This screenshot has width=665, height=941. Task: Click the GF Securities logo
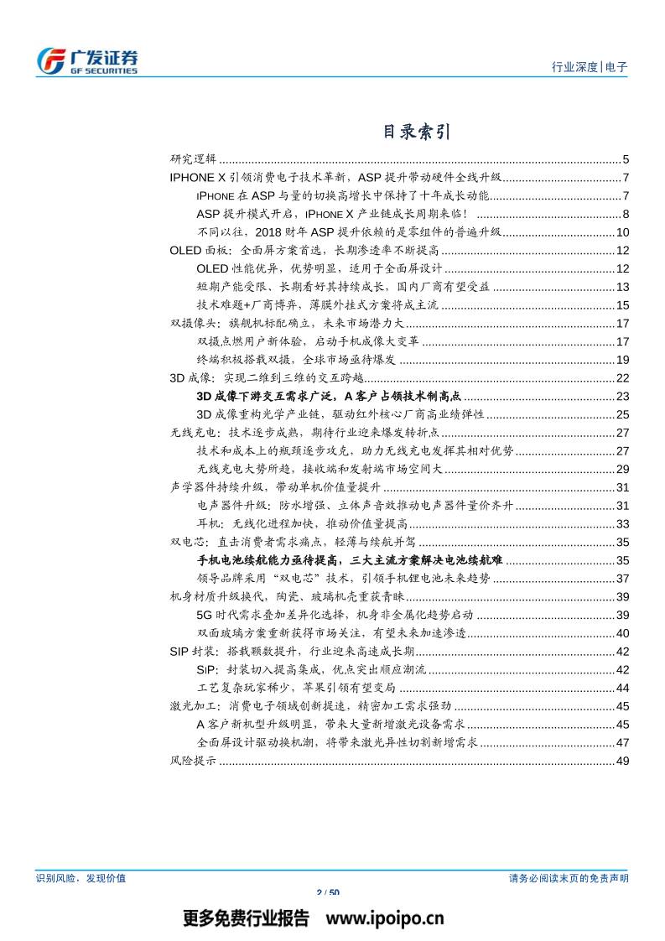tap(87, 60)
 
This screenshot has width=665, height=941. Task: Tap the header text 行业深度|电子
tap(590, 68)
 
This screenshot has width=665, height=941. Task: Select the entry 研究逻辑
tap(193, 159)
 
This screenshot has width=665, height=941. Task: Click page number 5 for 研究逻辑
tap(626, 159)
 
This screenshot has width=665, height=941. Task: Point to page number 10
tap(622, 232)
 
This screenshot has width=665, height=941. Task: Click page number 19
tap(622, 359)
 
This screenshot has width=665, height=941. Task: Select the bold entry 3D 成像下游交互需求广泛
tap(330, 396)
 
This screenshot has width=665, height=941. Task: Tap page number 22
tap(622, 377)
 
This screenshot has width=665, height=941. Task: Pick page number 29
tap(622, 469)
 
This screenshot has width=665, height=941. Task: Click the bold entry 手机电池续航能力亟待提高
tap(350, 559)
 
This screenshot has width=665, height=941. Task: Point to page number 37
tap(622, 578)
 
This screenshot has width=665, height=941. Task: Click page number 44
tap(622, 688)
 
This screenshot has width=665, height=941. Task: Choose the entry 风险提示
tap(193, 761)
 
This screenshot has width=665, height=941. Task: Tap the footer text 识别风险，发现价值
tap(81, 877)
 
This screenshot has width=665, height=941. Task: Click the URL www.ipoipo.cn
tap(385, 918)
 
